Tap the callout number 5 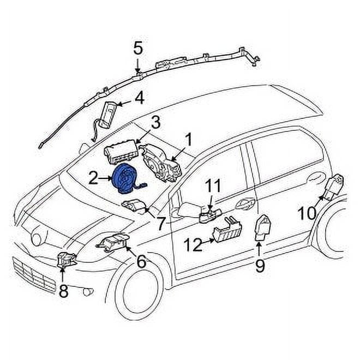click(x=138, y=49)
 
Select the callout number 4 click(x=139, y=98)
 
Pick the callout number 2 click(x=93, y=177)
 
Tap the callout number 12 click(x=193, y=245)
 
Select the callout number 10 click(x=307, y=213)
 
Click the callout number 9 click(x=260, y=266)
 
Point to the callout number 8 click(x=64, y=291)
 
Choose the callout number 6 click(x=141, y=262)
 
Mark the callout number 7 click(x=160, y=224)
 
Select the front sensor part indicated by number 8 click(x=67, y=261)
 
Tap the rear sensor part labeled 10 click(x=334, y=187)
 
